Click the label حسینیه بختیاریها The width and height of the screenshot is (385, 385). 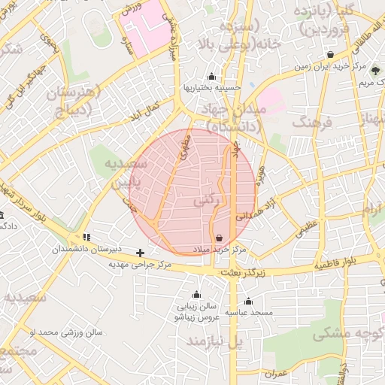(211, 88)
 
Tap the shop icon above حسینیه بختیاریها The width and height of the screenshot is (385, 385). (211, 76)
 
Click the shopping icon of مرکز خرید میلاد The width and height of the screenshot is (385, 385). (219, 238)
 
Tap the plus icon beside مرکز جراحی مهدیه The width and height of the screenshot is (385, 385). (140, 253)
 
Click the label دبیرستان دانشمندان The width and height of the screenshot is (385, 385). (87, 249)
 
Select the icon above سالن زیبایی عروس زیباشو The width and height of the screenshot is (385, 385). (197, 295)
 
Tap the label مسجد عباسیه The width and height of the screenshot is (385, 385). (250, 312)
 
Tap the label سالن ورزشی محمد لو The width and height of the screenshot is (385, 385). (65, 332)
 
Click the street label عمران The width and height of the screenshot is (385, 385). (276, 372)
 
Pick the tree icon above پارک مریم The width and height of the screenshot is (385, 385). (375, 71)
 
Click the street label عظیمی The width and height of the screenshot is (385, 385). (306, 229)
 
